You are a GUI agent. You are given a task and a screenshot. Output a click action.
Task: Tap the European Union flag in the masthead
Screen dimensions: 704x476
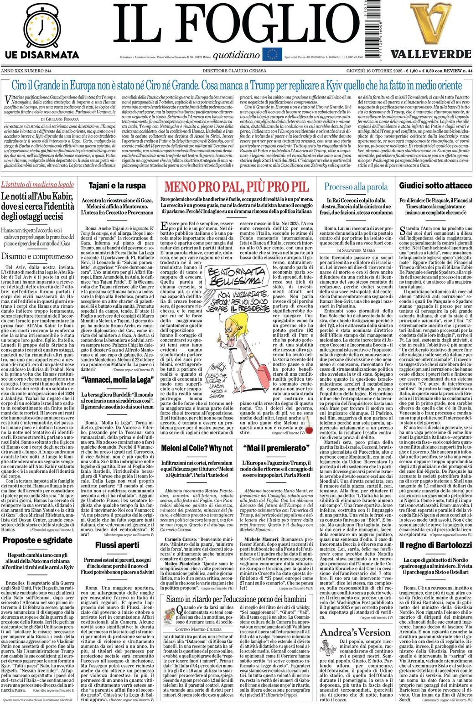click(x=274, y=55)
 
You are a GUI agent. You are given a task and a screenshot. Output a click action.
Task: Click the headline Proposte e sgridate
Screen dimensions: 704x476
click(x=37, y=541)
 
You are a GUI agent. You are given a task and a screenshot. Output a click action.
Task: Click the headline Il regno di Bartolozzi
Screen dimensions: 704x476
click(x=435, y=545)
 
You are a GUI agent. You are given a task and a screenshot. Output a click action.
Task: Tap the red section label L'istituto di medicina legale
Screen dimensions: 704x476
click(x=37, y=185)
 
